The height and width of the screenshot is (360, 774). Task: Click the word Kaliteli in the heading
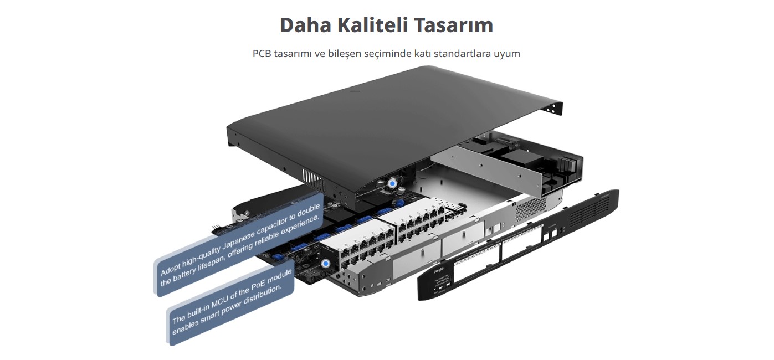370,25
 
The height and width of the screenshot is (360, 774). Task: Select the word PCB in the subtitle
263,54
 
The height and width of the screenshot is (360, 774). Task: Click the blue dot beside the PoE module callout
326,264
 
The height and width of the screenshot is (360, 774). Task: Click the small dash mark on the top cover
355,91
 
